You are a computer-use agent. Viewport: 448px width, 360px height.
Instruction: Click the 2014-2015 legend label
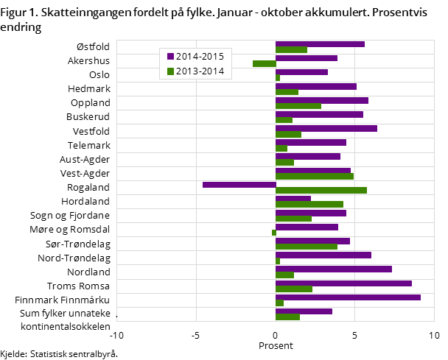(200, 56)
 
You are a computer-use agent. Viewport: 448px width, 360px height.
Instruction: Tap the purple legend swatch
(170, 57)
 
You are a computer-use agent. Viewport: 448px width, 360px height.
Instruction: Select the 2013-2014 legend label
(200, 71)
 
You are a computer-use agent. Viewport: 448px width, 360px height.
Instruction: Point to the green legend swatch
(170, 71)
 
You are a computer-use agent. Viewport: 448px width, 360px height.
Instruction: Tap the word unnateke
(92, 313)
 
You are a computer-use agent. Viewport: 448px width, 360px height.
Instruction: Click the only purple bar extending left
(239, 185)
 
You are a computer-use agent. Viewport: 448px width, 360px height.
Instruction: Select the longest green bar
(321, 190)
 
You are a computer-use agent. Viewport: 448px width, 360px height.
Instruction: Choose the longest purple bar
(348, 297)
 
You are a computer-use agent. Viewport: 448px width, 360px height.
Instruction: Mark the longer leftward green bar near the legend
(265, 63)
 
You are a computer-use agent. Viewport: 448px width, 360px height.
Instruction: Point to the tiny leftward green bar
(274, 233)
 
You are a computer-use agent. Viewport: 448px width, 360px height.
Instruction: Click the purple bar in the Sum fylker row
(304, 311)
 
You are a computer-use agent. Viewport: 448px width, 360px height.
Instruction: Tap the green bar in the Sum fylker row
(287, 317)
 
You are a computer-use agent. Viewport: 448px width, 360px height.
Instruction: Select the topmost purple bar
(320, 44)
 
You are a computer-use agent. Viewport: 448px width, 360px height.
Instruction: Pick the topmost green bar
(291, 50)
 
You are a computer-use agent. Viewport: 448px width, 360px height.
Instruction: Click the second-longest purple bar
(343, 283)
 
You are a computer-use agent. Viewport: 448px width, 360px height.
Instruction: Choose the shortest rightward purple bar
(293, 198)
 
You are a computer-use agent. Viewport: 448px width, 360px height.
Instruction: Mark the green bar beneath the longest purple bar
(279, 303)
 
